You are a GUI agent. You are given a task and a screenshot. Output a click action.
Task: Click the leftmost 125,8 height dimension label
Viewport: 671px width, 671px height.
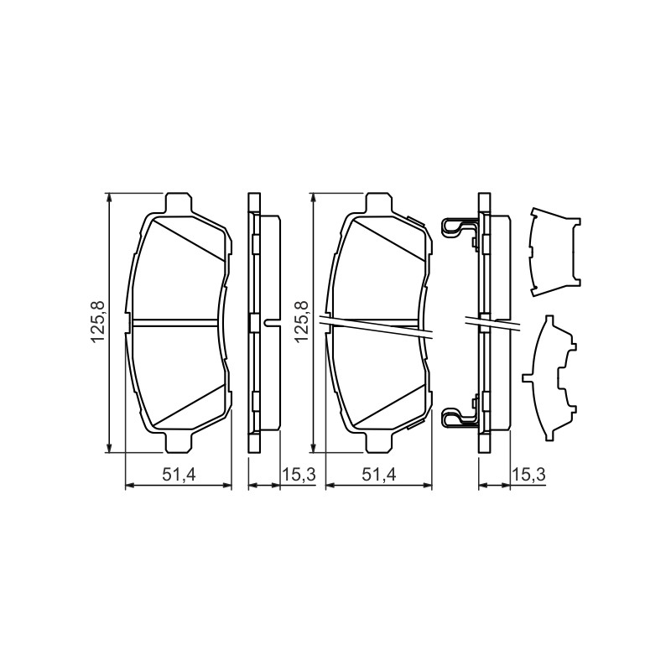(97, 322)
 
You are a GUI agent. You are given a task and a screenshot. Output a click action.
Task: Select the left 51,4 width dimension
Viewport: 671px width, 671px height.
(179, 474)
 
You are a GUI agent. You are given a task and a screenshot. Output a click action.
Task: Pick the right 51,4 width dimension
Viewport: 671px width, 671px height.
(379, 474)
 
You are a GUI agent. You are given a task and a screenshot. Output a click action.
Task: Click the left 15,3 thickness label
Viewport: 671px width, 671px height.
(299, 474)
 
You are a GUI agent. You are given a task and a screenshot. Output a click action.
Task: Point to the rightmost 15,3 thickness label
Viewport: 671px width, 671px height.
(529, 474)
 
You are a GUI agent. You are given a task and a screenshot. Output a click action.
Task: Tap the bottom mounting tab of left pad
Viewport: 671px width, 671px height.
(178, 443)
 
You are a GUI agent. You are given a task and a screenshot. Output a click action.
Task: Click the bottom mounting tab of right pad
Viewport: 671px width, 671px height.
(379, 443)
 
